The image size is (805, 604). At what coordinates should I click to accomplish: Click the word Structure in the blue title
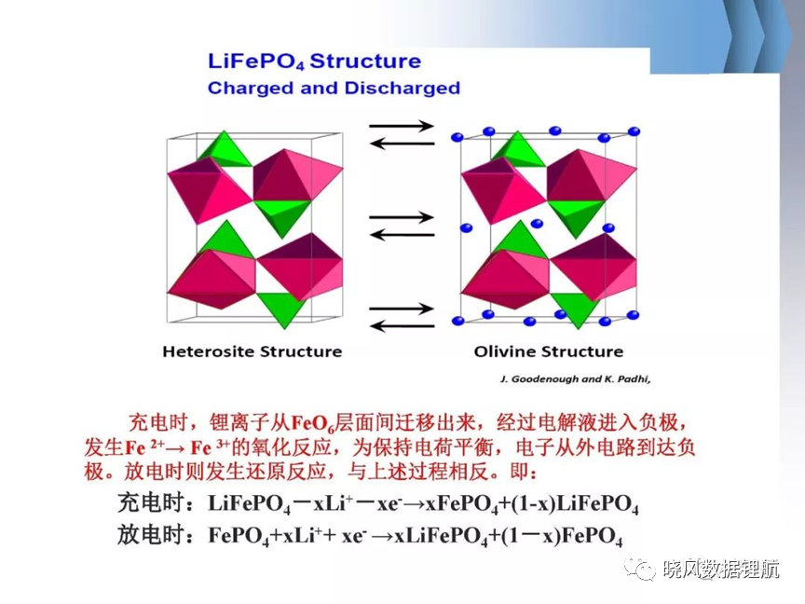365,62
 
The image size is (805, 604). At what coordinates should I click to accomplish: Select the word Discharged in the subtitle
402,88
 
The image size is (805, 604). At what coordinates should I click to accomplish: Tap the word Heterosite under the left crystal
208,351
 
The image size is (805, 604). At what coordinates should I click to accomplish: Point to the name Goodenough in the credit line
545,379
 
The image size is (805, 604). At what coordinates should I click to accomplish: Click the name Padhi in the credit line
633,379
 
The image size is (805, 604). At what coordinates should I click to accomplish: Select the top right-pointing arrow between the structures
402,125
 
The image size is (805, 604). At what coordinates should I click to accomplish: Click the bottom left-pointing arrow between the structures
402,325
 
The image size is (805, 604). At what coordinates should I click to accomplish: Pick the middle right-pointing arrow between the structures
402,217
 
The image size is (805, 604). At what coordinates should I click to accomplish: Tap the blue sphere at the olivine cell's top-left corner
457,137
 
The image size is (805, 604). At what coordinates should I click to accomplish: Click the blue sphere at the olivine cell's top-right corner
634,131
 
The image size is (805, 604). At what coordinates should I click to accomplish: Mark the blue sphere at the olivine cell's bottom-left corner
458,321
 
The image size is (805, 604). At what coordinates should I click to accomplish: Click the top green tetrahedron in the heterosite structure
225,150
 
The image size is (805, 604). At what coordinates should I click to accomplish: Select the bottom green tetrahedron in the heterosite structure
280,309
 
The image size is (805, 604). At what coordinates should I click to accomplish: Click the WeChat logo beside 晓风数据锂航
640,569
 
